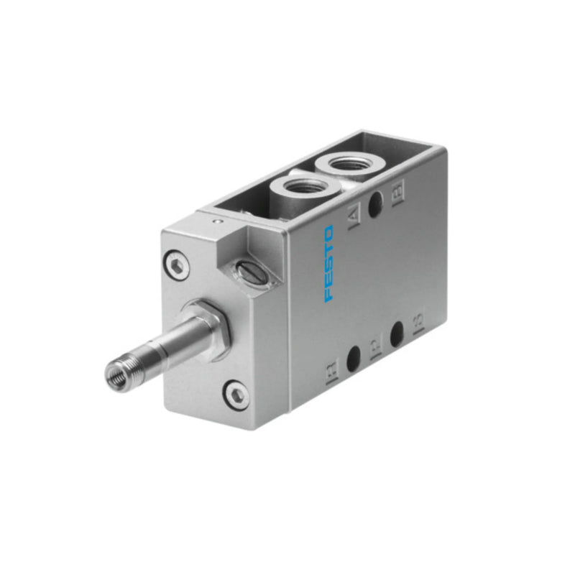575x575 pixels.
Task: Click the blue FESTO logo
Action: [x=328, y=264]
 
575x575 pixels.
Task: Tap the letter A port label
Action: [x=354, y=216]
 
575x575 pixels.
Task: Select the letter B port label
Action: [x=397, y=191]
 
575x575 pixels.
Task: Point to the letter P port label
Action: [x=374, y=350]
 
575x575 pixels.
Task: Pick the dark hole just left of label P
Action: [x=353, y=357]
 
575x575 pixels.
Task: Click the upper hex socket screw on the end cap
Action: [x=177, y=264]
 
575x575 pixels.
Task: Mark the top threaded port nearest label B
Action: [x=351, y=165]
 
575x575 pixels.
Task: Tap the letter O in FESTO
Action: [x=328, y=234]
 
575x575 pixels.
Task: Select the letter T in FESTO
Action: [x=328, y=248]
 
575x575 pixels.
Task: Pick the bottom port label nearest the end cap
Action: [x=331, y=374]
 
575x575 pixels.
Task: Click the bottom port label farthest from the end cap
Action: [x=418, y=321]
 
